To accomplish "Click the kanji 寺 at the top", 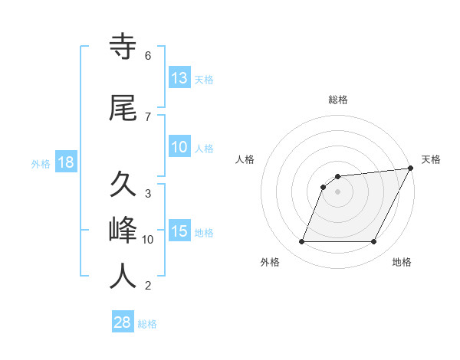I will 123,47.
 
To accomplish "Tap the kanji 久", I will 123,185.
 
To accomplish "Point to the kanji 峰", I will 123,231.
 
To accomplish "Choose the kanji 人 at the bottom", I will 123,277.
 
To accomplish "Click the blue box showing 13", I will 179,77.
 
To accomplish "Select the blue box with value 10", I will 179,147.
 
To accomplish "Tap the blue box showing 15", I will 179,231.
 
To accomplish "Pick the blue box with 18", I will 65,162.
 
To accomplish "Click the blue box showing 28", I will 123,322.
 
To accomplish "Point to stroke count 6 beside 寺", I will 147,56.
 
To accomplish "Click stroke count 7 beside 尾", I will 147,117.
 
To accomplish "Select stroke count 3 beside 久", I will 147,194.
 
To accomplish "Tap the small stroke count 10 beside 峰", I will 149,240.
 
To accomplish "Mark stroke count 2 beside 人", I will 147,286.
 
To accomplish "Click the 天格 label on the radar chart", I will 431,159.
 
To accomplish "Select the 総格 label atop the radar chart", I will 338,100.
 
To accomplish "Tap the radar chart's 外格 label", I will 270,263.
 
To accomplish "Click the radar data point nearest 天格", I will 411,169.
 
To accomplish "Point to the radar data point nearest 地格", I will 374,242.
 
